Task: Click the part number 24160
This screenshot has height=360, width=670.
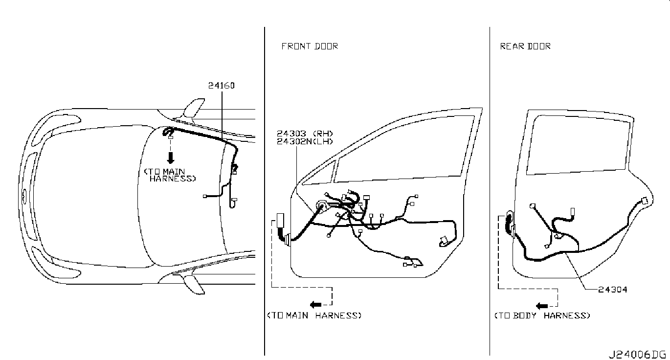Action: [221, 86]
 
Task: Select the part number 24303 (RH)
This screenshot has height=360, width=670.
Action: [304, 134]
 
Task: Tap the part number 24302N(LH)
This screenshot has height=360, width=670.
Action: [304, 141]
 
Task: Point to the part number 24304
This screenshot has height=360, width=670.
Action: [612, 290]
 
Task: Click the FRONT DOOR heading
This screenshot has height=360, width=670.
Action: [309, 46]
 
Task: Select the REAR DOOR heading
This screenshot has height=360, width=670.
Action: [525, 46]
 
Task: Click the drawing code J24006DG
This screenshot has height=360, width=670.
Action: [637, 354]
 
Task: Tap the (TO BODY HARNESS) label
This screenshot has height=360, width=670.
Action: [542, 315]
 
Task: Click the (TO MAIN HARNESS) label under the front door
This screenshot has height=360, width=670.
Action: [314, 315]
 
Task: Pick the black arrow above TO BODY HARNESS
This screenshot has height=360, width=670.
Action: [541, 306]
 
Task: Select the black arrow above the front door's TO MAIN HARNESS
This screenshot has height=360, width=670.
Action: [316, 304]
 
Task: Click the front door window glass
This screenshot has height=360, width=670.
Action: [406, 147]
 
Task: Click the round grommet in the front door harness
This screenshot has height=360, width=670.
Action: [322, 206]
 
